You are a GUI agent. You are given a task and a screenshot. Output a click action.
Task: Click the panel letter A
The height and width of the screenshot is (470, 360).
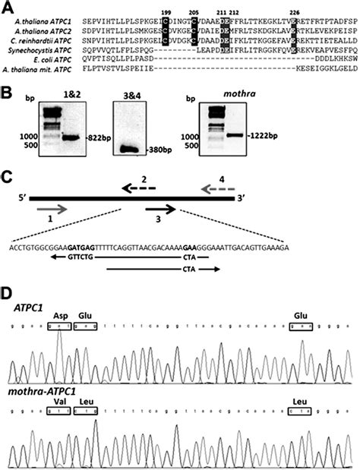pyautogui.click(x=7, y=7)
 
